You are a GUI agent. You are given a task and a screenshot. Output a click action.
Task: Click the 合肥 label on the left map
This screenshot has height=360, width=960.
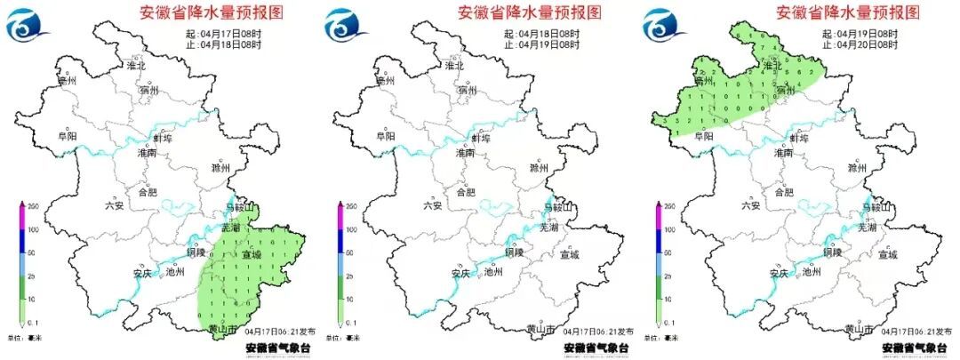148,191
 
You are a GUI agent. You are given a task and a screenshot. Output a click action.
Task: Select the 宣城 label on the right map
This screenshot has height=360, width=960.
887,255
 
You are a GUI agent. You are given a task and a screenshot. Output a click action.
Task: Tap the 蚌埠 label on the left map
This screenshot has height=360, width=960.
163,138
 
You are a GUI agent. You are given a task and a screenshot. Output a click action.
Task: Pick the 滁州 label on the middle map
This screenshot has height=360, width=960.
538,167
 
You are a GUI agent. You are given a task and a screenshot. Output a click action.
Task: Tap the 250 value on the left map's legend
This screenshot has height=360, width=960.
28,206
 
